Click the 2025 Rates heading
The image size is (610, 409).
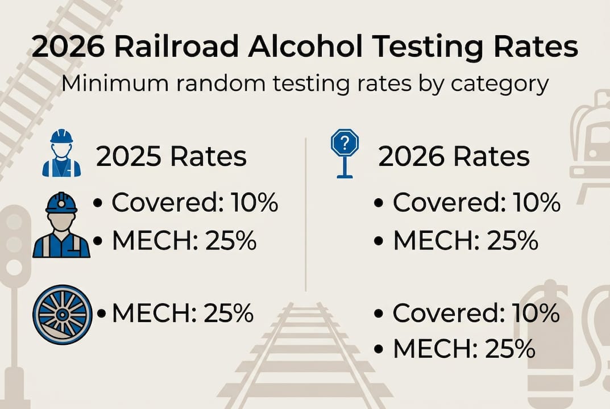tap(171, 157)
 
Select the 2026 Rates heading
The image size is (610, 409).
tap(454, 157)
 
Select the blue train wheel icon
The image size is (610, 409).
tap(63, 314)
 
